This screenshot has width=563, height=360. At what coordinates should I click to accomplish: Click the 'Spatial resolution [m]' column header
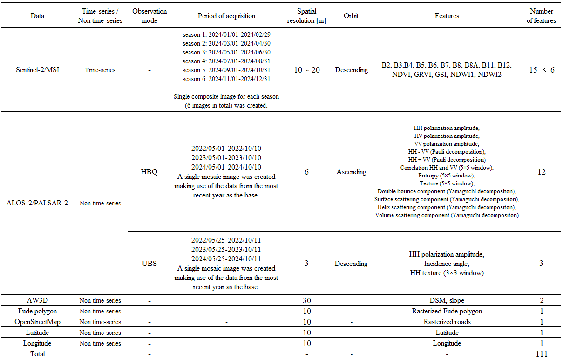(x=306, y=16)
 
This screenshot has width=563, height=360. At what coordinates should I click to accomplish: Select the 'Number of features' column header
(x=541, y=16)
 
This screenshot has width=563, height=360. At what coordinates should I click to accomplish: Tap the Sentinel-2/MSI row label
(x=38, y=70)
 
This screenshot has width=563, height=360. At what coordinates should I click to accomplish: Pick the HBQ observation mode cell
(x=149, y=172)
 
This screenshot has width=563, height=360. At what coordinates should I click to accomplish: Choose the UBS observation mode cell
(x=149, y=264)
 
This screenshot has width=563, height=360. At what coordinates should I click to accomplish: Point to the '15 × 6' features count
(x=541, y=70)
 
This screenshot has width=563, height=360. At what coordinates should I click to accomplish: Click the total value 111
(x=541, y=354)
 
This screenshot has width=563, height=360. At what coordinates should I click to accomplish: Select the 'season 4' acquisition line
(x=226, y=61)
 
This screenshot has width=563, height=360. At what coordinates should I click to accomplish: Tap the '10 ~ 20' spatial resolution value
(x=306, y=70)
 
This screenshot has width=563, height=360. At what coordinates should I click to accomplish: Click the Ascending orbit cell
(x=351, y=172)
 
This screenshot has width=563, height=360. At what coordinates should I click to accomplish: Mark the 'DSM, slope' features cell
(x=447, y=301)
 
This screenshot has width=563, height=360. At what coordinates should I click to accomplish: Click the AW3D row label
(x=38, y=301)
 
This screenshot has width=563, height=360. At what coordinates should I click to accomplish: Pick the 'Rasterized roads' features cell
(x=447, y=322)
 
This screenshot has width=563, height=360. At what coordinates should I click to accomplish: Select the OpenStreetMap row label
(x=38, y=322)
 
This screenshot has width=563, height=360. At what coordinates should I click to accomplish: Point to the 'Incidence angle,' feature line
(x=447, y=264)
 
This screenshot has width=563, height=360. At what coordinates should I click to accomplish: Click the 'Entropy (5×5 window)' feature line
(x=447, y=176)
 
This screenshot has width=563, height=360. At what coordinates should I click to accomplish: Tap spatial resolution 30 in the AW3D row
(x=306, y=301)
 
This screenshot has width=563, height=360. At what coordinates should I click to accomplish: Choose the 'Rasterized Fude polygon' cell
(x=447, y=311)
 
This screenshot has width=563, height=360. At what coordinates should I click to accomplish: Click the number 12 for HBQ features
(x=541, y=172)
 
